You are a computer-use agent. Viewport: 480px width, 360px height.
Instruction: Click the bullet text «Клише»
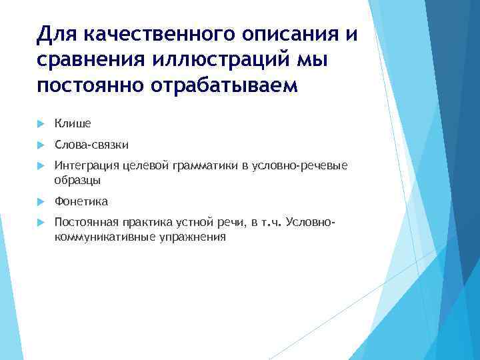click(x=73, y=123)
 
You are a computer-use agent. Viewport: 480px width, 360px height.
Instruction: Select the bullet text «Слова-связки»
click(x=91, y=145)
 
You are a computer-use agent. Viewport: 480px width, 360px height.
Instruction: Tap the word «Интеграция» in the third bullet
click(x=84, y=166)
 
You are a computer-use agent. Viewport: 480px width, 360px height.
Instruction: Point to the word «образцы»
click(x=77, y=180)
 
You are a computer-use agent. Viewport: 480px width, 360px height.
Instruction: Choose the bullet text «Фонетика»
click(x=81, y=201)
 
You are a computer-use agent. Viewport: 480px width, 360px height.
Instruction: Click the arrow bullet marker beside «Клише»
click(x=40, y=124)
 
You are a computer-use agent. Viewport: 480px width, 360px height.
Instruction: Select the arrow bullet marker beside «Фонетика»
click(x=40, y=202)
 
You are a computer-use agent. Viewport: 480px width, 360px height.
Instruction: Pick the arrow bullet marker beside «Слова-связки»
click(x=40, y=145)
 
